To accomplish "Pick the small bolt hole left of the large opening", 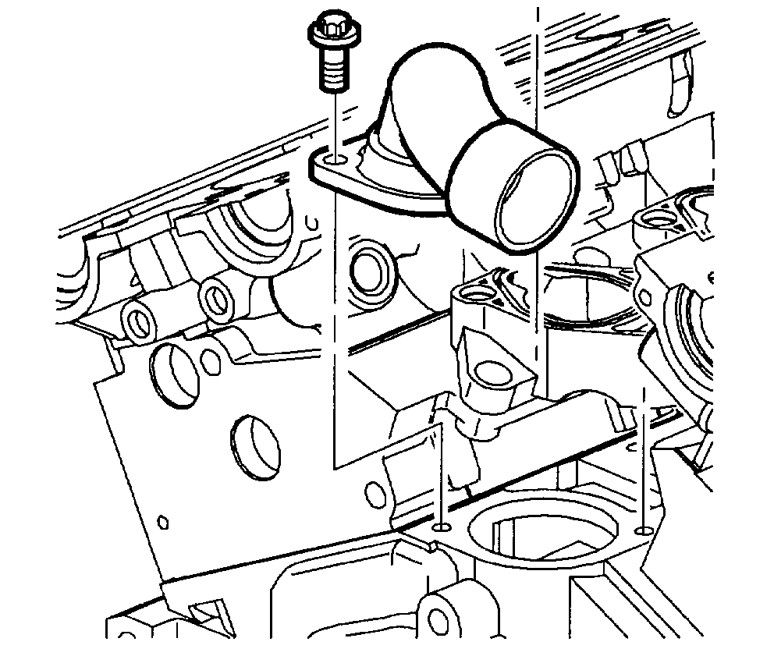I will pos(441,528).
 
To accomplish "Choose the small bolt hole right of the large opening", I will pos(642,531).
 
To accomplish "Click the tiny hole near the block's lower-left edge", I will pos(163,521).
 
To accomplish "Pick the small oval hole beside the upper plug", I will pos(208,360).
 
